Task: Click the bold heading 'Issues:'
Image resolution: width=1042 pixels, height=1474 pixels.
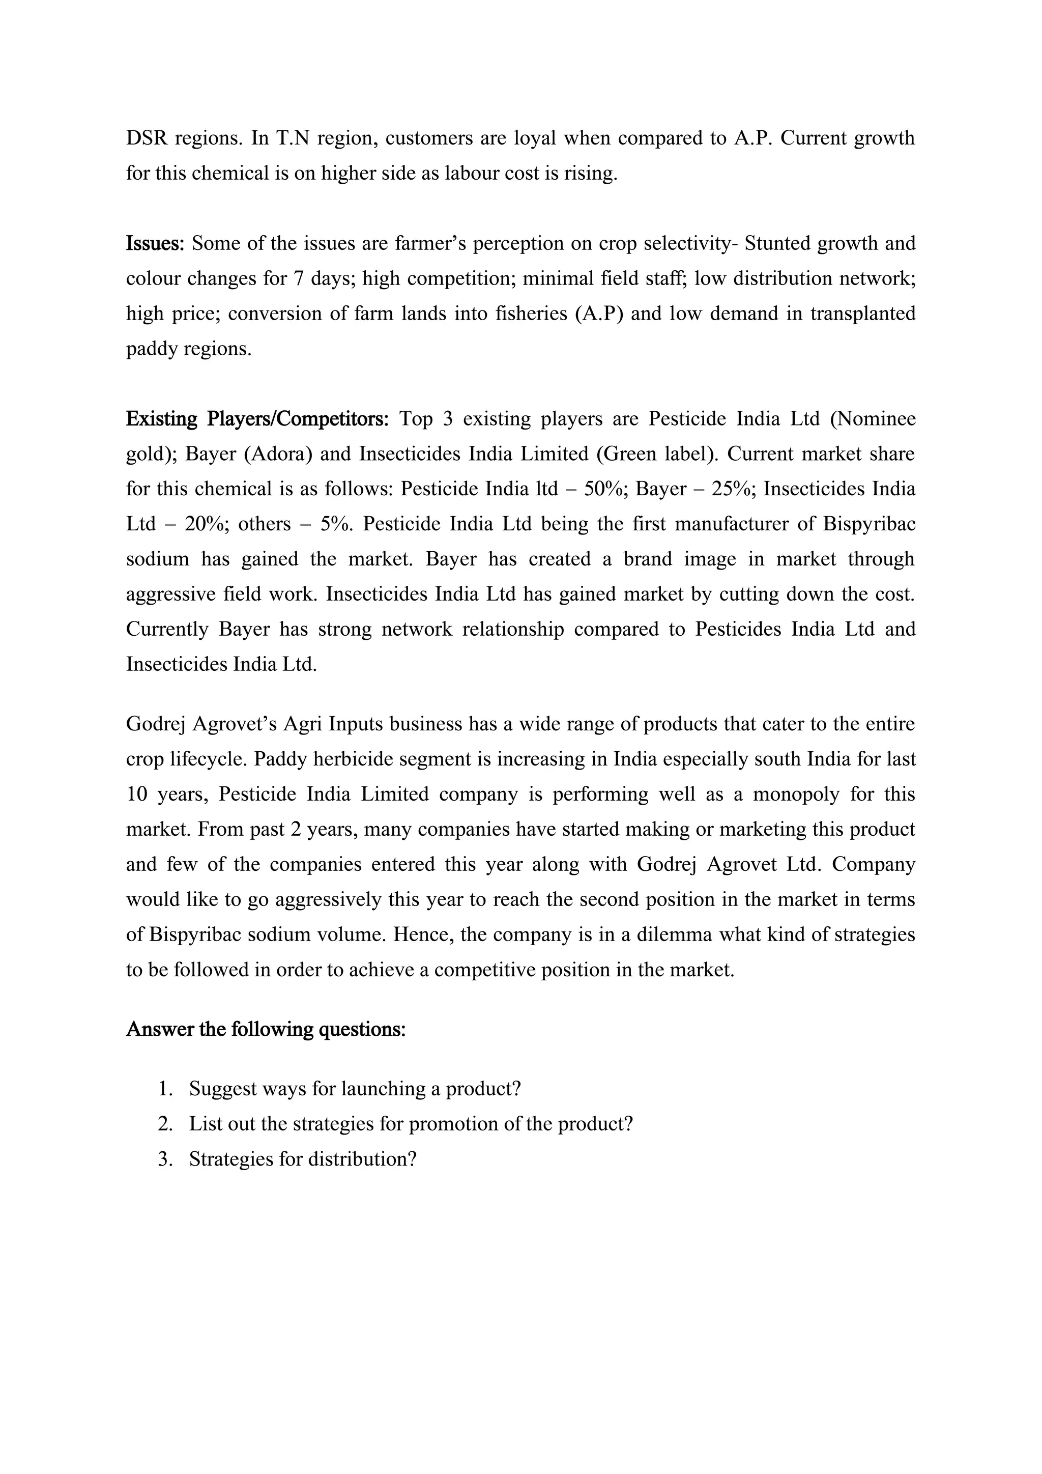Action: point(155,243)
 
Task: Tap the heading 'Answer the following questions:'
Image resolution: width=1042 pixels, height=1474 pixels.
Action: point(266,1029)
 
